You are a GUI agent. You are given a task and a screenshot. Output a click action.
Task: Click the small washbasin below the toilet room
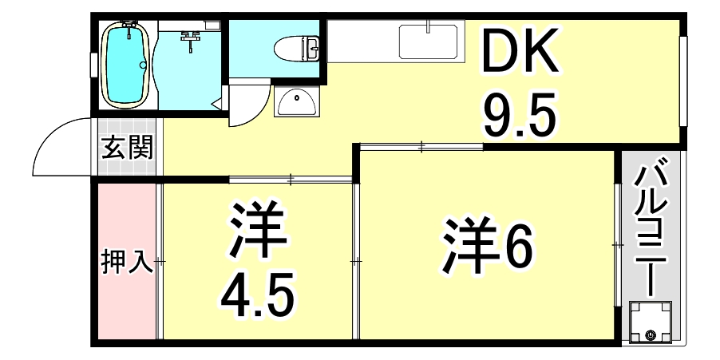(296, 101)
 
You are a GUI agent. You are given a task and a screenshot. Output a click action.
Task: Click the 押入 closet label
(126, 262)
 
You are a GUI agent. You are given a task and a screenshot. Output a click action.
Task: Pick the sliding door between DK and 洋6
(421, 145)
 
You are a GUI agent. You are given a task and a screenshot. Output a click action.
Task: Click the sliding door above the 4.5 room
(291, 180)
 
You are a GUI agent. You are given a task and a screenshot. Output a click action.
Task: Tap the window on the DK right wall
(684, 80)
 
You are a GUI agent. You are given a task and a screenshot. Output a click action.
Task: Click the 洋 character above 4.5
(257, 232)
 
